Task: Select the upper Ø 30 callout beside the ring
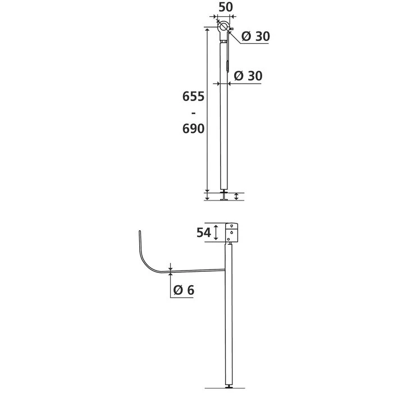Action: (255, 36)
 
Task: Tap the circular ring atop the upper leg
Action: (224, 26)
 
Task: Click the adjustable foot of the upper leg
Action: (225, 196)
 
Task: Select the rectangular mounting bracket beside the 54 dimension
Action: (232, 233)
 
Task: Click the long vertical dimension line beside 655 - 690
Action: (207, 112)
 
